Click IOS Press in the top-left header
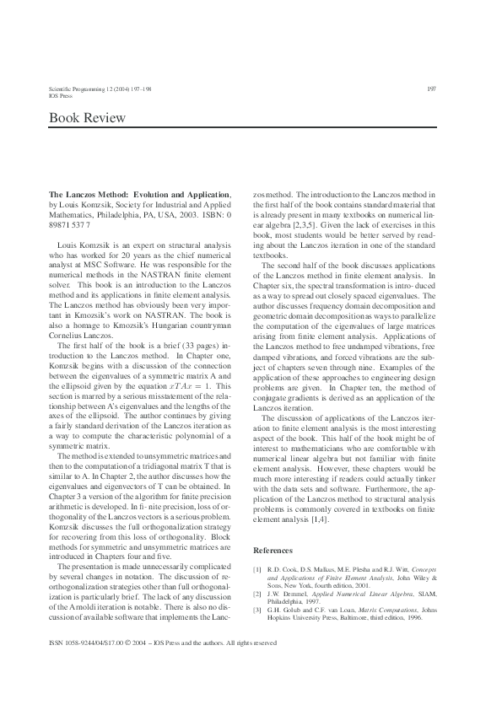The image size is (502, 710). [x=62, y=96]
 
